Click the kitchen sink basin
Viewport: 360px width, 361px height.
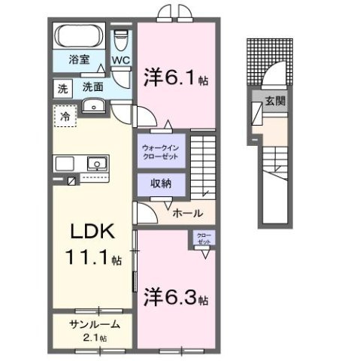coord(97,163)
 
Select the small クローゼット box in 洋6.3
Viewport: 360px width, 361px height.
coord(203,239)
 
